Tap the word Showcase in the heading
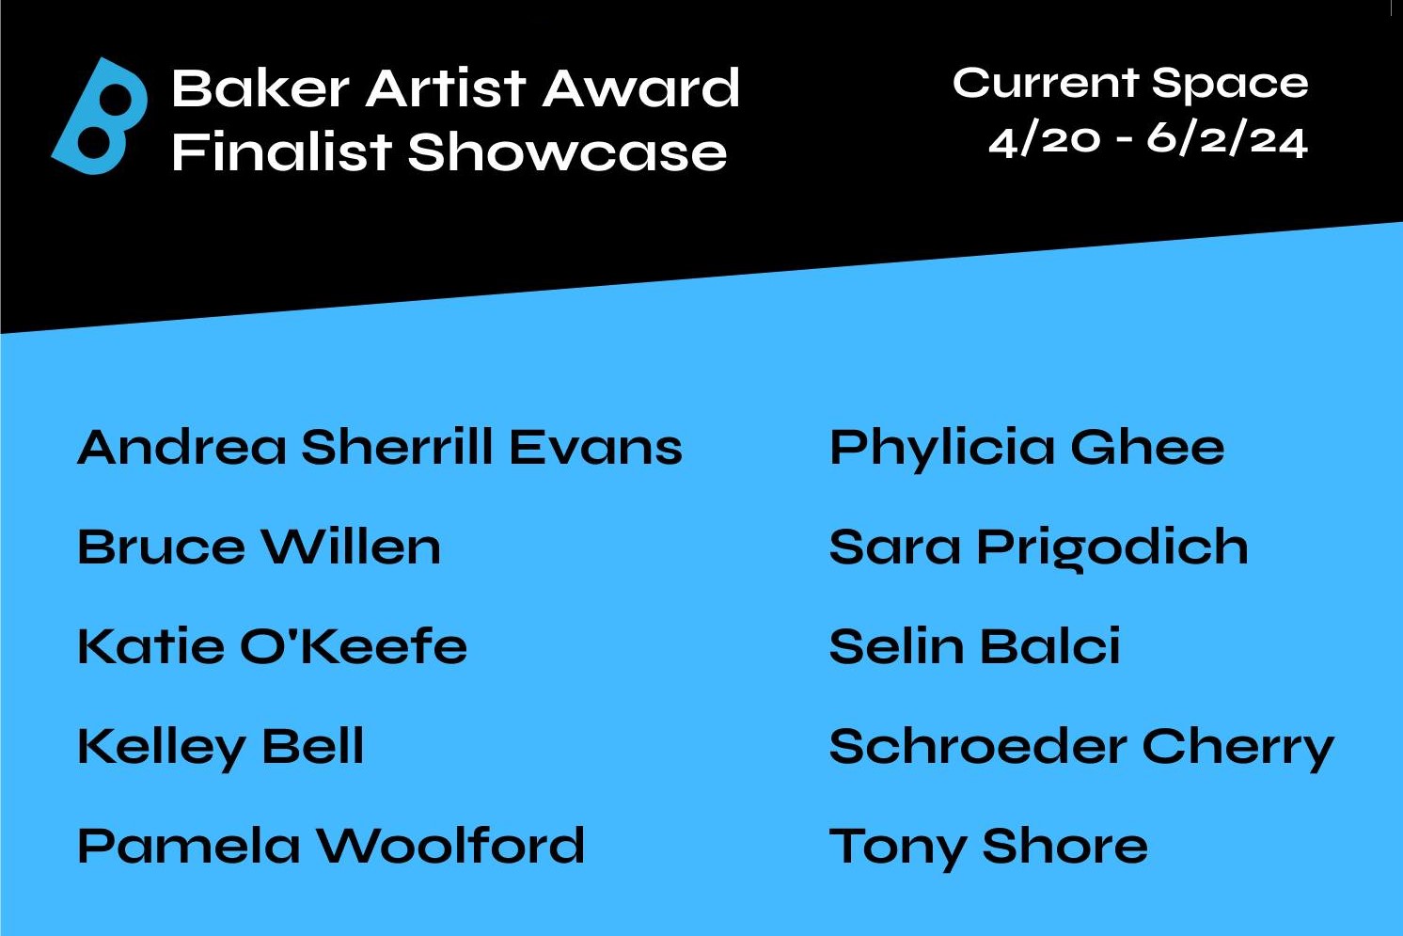point(567,152)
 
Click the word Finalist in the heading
point(282,151)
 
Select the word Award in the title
point(640,87)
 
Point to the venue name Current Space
point(1130,84)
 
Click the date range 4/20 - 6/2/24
point(1148,142)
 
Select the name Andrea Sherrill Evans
point(380,448)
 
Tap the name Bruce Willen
point(260,547)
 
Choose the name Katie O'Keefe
point(273,646)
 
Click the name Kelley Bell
point(220,748)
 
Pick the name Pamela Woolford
point(331,846)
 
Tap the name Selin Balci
point(974,646)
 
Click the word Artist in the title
point(446,87)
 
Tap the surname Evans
point(595,448)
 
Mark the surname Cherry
point(1238,750)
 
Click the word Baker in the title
point(260,87)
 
